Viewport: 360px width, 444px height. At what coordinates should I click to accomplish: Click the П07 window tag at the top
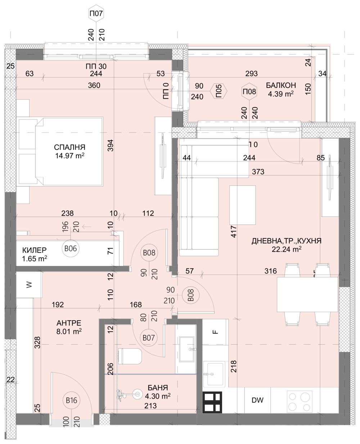pos(96,14)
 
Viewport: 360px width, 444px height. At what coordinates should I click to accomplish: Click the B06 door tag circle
pos(71,248)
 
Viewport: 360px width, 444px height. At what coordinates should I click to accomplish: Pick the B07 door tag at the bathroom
pos(148,338)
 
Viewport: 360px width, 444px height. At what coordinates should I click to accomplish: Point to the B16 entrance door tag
pos(71,400)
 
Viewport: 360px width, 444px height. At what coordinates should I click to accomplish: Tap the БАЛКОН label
pos(281,85)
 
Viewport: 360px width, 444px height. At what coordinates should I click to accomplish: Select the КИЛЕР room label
pos(34,250)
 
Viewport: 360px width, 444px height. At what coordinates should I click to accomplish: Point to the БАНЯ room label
pos(157,388)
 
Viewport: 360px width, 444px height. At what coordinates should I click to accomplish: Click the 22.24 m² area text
pos(287,249)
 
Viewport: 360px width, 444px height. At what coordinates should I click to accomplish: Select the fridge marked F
pos(215,332)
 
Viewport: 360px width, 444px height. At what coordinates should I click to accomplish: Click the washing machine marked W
pos(29,285)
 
